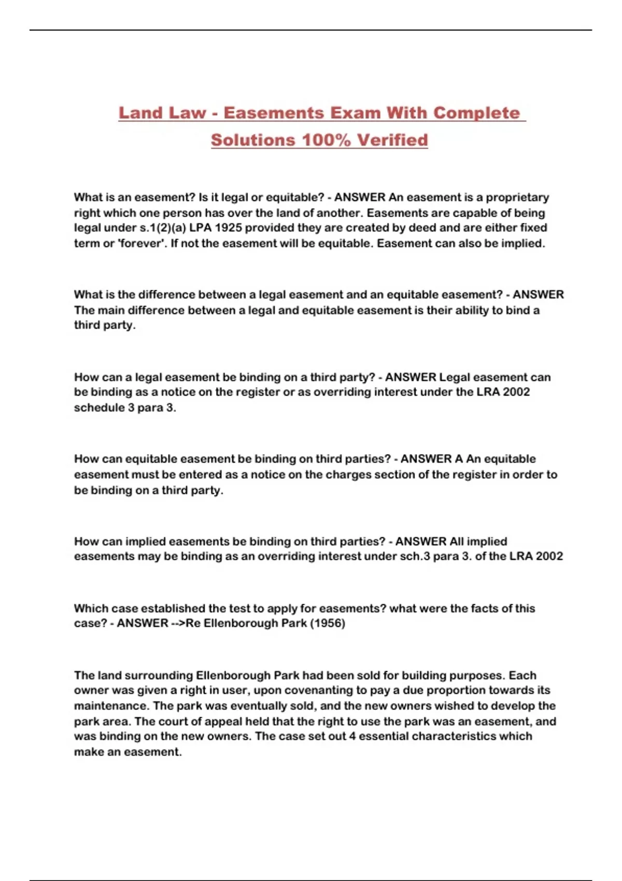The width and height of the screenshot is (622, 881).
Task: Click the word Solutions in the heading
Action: pyautogui.click(x=253, y=140)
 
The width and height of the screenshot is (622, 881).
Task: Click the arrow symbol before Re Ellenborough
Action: pyautogui.click(x=177, y=623)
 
